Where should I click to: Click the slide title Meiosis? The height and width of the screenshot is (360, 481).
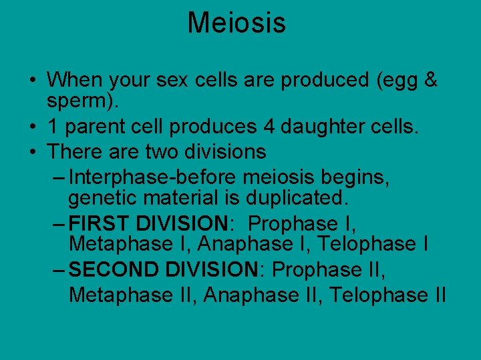236,23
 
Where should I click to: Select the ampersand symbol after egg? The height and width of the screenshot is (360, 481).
431,80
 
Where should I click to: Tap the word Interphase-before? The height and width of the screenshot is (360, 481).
154,178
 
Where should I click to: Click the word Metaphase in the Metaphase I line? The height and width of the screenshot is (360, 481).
120,244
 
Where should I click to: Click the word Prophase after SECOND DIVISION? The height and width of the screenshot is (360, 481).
317,269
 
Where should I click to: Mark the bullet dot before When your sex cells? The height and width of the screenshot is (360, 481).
32,81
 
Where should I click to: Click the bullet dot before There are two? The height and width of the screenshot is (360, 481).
32,152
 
